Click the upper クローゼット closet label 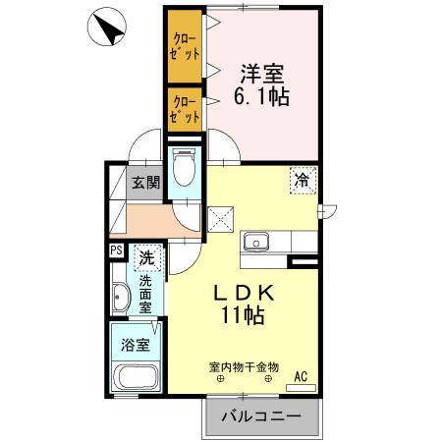click(184, 44)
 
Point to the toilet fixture click(183, 168)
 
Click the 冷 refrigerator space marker click(304, 181)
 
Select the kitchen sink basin click(258, 241)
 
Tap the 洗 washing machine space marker click(146, 259)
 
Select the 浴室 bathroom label click(137, 345)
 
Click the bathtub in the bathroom click(137, 378)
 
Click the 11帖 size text click(241, 316)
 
